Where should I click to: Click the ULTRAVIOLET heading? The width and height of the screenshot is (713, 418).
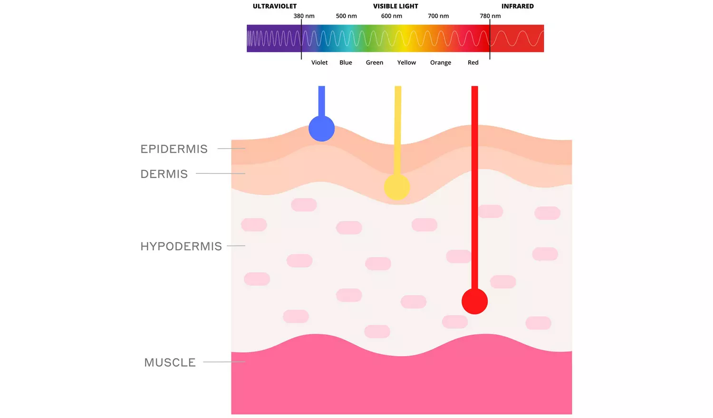274,6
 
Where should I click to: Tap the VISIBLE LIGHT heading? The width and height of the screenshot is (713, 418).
395,6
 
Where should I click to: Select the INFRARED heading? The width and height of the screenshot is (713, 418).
517,6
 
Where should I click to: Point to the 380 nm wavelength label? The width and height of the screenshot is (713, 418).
304,16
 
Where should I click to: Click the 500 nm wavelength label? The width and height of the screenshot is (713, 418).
346,16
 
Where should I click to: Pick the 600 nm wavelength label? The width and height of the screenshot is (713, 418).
391,16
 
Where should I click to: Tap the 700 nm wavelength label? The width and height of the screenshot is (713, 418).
438,16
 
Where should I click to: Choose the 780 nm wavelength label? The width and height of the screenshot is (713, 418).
490,16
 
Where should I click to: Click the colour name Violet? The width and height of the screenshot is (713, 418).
319,63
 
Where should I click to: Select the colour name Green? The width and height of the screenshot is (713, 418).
374,63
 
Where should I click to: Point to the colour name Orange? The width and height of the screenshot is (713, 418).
440,63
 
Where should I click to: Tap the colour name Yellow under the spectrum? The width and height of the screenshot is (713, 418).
406,63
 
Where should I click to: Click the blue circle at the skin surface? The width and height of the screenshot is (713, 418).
321,128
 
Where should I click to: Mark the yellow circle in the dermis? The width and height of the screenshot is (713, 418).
397,187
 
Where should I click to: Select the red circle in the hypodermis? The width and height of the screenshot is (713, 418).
474,301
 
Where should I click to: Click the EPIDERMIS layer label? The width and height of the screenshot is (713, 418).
174,149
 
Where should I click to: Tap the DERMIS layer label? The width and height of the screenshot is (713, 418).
164,174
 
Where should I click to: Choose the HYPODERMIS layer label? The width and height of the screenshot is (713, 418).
181,247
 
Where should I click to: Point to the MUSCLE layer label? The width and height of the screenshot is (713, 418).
170,363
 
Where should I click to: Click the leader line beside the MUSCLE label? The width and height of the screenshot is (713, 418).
224,362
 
